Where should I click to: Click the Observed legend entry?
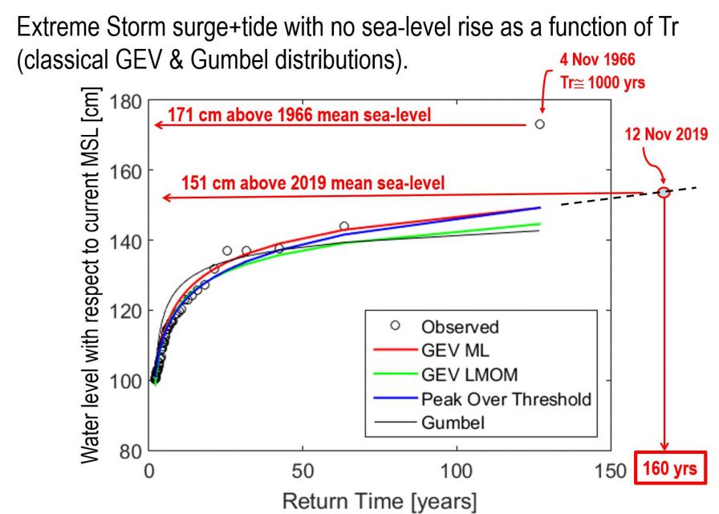coord(459,327)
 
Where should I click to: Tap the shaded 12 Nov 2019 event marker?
coord(664,192)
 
